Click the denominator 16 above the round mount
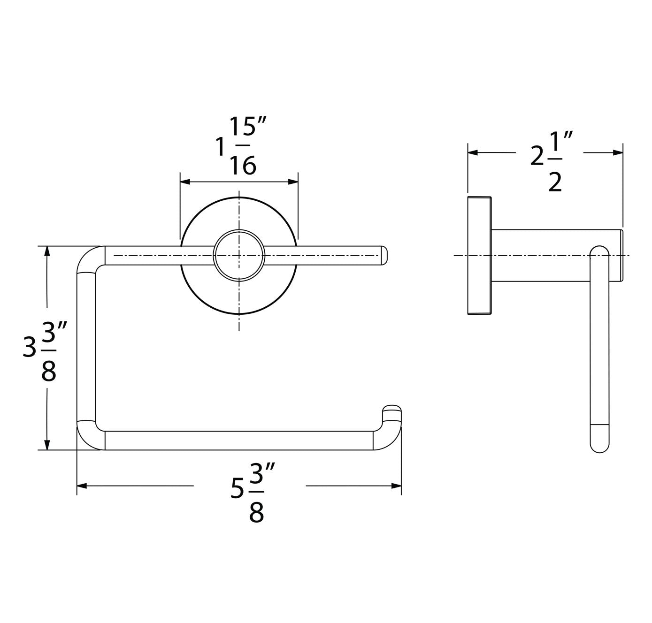pyautogui.click(x=243, y=165)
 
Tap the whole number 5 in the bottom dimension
pyautogui.click(x=237, y=488)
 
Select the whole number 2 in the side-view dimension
pyautogui.click(x=537, y=156)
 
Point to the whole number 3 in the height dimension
pyautogui.click(x=29, y=347)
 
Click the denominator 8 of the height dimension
pyautogui.click(x=48, y=371)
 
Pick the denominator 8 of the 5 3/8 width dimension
pyautogui.click(x=256, y=512)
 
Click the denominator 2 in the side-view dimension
pyautogui.click(x=555, y=182)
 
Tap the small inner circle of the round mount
pyautogui.click(x=239, y=256)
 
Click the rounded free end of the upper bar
pyautogui.click(x=384, y=255)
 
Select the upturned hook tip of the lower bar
pyautogui.click(x=391, y=412)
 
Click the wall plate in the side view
pyautogui.click(x=479, y=255)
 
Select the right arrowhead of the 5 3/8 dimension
pyautogui.click(x=396, y=486)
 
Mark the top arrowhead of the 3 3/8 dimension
pyautogui.click(x=47, y=251)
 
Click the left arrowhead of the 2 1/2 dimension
pyautogui.click(x=473, y=152)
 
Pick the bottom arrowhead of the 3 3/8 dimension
pyautogui.click(x=47, y=445)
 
